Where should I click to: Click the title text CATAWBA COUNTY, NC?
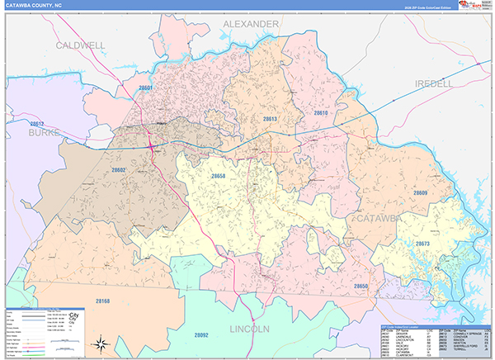[x=34, y=6]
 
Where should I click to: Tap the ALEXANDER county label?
[x=251, y=25]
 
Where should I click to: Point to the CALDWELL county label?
[x=80, y=45]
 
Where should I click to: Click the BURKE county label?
[x=45, y=131]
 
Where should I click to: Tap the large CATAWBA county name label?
[x=375, y=218]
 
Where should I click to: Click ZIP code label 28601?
[x=146, y=88]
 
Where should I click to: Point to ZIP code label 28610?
[x=321, y=112]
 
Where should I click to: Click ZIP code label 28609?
[x=421, y=192]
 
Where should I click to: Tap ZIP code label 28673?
[x=422, y=244]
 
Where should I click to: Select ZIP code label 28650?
[x=361, y=286]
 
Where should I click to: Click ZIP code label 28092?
[x=200, y=334]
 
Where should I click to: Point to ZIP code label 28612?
[x=36, y=122]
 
